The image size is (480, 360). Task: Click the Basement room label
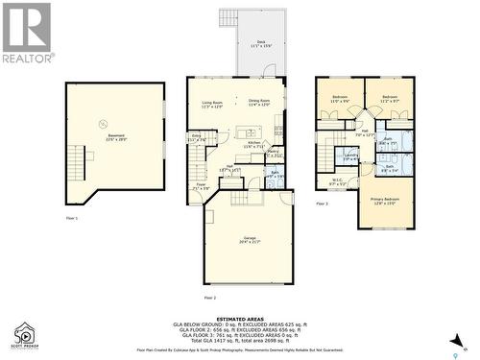115,136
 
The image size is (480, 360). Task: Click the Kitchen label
253,144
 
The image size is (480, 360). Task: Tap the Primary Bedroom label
384,201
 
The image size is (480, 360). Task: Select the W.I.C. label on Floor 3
336,180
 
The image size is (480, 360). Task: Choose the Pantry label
272,153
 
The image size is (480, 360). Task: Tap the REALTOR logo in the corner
26,33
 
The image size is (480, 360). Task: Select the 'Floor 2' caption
210,284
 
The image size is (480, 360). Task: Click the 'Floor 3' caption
322,204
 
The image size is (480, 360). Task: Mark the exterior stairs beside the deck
228,18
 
